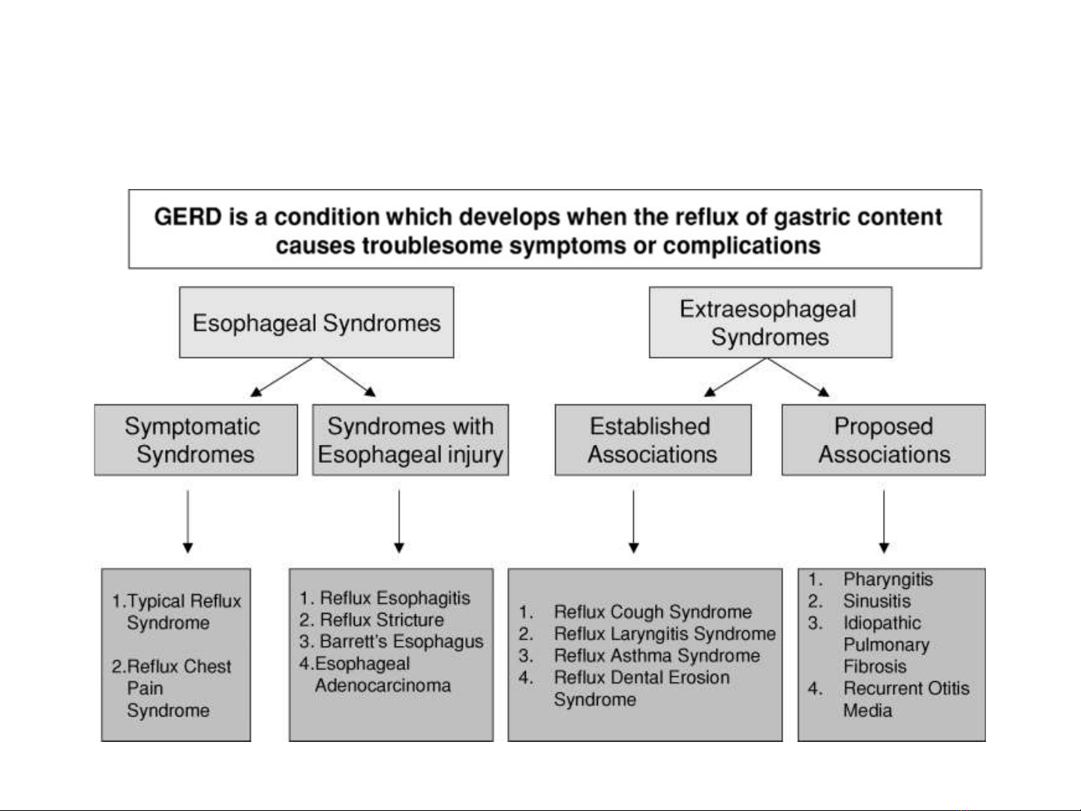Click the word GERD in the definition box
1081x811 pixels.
[x=188, y=217]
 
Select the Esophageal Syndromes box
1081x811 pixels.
[x=317, y=323]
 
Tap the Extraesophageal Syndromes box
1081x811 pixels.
[x=770, y=323]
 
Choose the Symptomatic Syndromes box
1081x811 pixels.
[x=196, y=440]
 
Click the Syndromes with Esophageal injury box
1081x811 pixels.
[x=410, y=440]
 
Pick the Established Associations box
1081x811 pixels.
[x=653, y=440]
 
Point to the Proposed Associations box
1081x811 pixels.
[x=884, y=440]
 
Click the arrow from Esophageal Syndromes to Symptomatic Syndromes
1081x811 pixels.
[x=281, y=377]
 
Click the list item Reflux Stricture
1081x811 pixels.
[x=371, y=620]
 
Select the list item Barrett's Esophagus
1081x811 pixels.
[x=391, y=641]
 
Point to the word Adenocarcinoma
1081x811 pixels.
[x=383, y=685]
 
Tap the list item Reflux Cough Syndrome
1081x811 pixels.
[x=635, y=612]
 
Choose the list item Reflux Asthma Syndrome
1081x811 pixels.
[x=639, y=656]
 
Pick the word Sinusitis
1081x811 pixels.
[x=877, y=601]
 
